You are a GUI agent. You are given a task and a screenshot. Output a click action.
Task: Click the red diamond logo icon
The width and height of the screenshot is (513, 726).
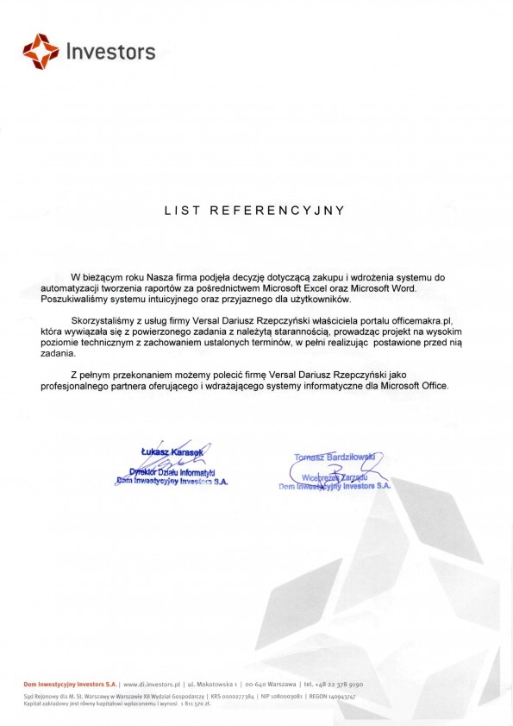pos(41,51)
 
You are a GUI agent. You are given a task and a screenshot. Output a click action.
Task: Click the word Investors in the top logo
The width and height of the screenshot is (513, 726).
pos(110,53)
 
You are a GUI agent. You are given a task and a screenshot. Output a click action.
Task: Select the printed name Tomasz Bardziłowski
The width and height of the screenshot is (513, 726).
pos(332,457)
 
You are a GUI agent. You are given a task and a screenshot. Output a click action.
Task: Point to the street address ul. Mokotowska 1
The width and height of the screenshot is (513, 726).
pos(212,684)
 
